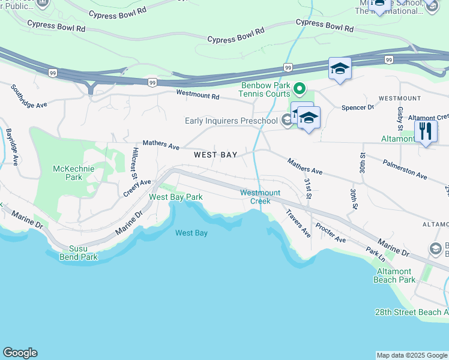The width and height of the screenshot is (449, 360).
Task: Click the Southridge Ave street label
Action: (x=29, y=96)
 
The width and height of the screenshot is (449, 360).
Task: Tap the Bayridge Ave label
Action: (x=10, y=146)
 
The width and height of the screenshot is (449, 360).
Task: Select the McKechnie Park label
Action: (x=74, y=173)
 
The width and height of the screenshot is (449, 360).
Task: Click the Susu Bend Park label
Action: (x=78, y=253)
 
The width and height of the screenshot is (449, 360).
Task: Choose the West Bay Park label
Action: (x=176, y=197)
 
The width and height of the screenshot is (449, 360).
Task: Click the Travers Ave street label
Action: (x=298, y=223)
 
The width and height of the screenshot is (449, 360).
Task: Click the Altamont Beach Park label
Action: (x=394, y=275)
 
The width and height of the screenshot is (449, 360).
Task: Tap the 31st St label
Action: (x=307, y=188)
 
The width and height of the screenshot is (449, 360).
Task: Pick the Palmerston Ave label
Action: (x=406, y=169)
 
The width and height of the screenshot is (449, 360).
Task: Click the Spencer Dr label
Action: (x=357, y=107)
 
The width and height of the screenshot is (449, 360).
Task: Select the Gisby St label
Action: (x=399, y=119)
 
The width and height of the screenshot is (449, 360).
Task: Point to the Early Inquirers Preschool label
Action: (x=231, y=121)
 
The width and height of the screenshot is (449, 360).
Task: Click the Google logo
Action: (x=20, y=353)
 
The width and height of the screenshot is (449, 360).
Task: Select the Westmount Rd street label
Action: (x=197, y=94)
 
